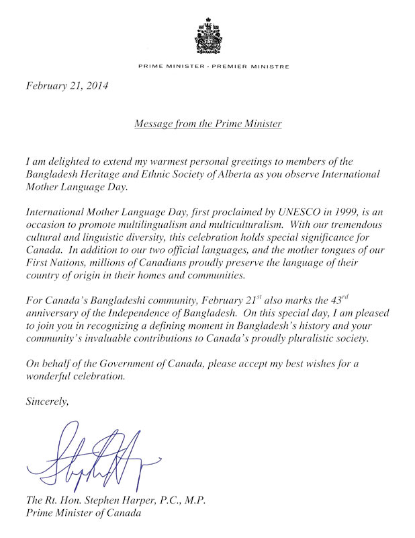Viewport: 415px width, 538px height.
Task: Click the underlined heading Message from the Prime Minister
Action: click(207, 124)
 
